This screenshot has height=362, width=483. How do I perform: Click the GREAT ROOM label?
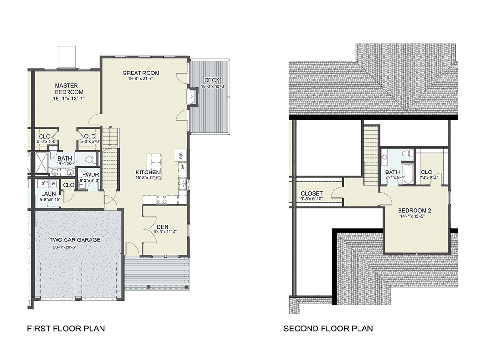[141, 73]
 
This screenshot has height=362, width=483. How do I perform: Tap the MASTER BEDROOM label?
[69, 89]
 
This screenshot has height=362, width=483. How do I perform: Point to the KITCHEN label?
[148, 172]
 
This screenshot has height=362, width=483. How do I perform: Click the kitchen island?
[153, 161]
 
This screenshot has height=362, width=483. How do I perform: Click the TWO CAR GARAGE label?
[75, 239]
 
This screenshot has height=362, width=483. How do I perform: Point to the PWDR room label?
[89, 174]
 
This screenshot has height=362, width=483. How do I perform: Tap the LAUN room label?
[49, 193]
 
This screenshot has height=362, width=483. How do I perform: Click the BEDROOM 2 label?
[415, 210]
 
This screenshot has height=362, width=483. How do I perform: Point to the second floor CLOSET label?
[312, 193]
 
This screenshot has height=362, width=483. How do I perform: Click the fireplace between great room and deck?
[193, 97]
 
